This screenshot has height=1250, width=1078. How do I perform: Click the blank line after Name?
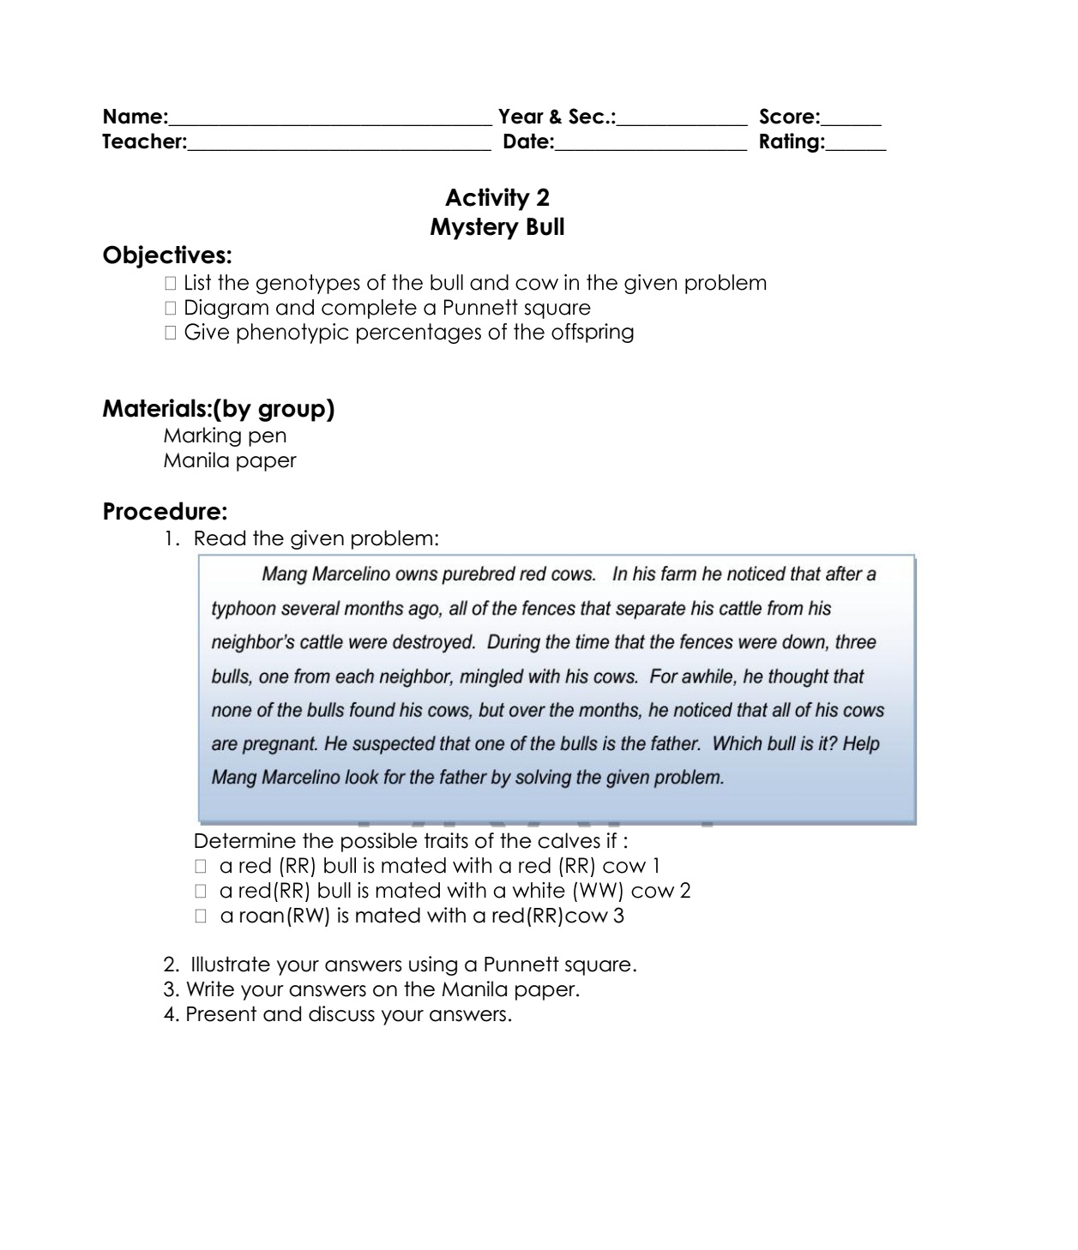(330, 121)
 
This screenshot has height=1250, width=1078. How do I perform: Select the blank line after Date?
(651, 146)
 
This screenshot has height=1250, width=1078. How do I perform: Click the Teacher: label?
(144, 141)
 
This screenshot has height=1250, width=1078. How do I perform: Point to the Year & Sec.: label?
(557, 117)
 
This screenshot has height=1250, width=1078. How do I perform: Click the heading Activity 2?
(497, 198)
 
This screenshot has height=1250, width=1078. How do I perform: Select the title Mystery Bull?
(497, 227)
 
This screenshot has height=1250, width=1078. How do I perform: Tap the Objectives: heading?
(167, 255)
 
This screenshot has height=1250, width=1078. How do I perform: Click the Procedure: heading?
(165, 512)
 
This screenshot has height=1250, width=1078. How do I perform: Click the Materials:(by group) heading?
(219, 409)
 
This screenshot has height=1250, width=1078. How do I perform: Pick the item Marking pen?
(225, 436)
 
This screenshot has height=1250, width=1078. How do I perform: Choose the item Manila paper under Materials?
(230, 460)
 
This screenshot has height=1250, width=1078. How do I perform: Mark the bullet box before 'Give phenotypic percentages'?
(170, 333)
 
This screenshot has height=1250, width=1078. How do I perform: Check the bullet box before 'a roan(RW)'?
(202, 916)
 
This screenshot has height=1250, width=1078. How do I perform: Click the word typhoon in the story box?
(244, 609)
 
